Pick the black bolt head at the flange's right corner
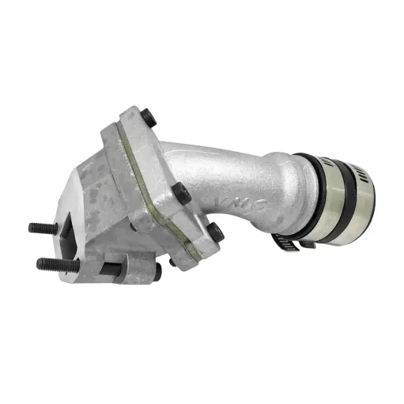click(x=214, y=233)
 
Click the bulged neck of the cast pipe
click(x=281, y=190)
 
